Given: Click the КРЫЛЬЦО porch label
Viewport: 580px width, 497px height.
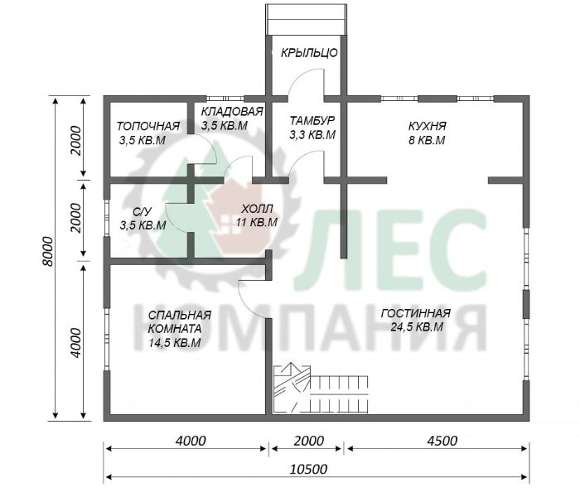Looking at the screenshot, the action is click(309, 53).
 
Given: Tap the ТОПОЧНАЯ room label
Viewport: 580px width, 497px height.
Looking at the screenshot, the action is click(148, 126).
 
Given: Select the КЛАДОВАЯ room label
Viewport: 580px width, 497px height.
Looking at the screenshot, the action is click(232, 111).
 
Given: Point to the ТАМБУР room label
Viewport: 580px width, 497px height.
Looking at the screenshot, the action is click(312, 121).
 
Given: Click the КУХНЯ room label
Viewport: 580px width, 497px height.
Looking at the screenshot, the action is click(428, 126).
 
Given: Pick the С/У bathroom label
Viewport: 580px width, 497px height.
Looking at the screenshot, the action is click(142, 211).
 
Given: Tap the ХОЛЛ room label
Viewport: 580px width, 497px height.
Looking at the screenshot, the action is click(257, 209).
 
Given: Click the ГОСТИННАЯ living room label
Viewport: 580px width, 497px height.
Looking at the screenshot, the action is click(416, 313).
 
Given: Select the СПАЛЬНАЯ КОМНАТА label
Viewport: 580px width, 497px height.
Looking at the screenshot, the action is click(180, 321).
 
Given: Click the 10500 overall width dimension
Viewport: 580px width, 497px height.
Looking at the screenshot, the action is click(308, 470).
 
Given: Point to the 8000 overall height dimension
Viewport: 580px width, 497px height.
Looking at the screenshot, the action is click(48, 252).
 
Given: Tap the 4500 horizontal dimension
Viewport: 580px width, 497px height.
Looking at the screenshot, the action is click(442, 441).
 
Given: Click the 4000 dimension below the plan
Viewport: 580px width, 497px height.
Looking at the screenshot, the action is click(191, 441).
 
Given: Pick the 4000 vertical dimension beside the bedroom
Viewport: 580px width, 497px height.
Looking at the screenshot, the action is click(76, 342).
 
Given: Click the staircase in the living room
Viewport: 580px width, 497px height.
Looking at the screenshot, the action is click(321, 388).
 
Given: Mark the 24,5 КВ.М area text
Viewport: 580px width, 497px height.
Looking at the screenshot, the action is click(417, 327).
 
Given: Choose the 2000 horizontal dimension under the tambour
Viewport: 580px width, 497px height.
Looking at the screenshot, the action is click(308, 441).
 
